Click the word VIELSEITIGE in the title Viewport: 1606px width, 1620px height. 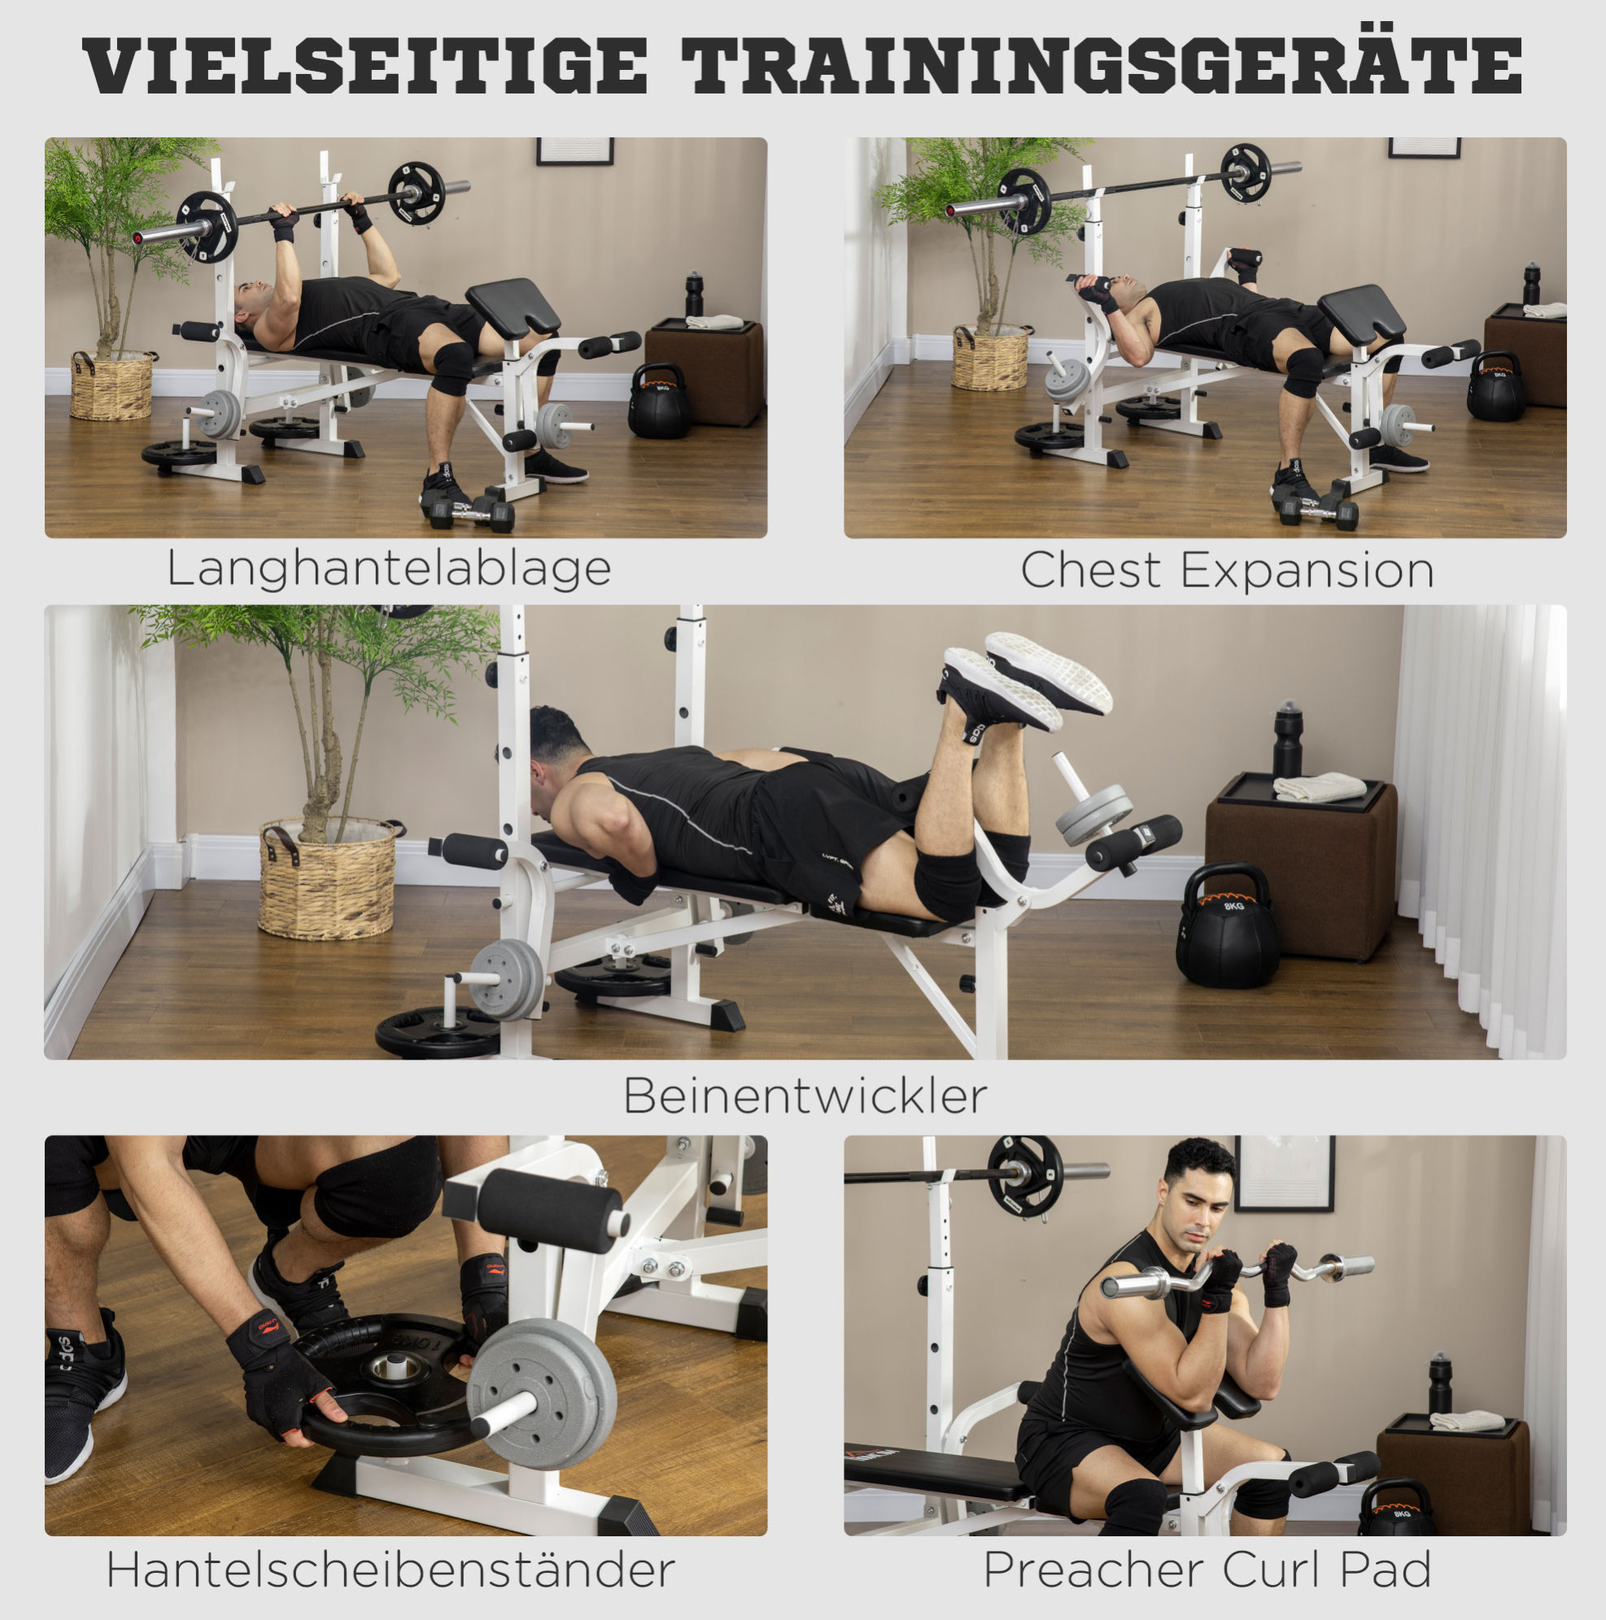click(x=365, y=64)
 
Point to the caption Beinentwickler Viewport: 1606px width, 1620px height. click(x=805, y=1096)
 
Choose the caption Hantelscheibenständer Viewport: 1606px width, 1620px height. click(x=390, y=1570)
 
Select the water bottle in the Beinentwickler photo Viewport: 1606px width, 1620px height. click(x=1288, y=739)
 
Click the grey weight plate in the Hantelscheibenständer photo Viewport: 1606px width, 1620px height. click(x=541, y=1394)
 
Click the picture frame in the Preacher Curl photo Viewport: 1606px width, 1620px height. click(x=1283, y=1172)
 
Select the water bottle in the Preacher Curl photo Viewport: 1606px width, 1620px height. click(x=1440, y=1383)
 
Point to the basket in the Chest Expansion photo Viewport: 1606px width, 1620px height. click(x=990, y=357)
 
